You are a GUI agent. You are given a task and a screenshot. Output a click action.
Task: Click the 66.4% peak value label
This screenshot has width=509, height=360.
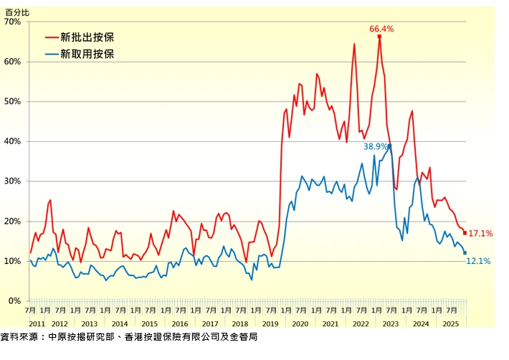click(x=381, y=29)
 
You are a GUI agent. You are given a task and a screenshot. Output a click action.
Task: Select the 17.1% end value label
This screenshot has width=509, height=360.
click(x=480, y=234)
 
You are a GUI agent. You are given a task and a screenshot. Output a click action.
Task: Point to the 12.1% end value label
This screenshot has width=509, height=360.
click(x=478, y=262)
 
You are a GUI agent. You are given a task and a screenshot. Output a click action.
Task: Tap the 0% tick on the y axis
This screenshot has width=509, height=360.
click(x=14, y=301)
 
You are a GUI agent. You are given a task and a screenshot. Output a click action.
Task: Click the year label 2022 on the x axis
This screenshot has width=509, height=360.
click(x=361, y=324)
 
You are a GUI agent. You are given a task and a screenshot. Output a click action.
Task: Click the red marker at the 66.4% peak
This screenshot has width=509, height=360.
click(x=379, y=37)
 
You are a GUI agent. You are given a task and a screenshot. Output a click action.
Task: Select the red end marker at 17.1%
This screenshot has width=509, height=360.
click(x=465, y=233)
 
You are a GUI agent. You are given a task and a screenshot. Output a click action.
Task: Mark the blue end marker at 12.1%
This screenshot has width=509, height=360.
click(x=465, y=253)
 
